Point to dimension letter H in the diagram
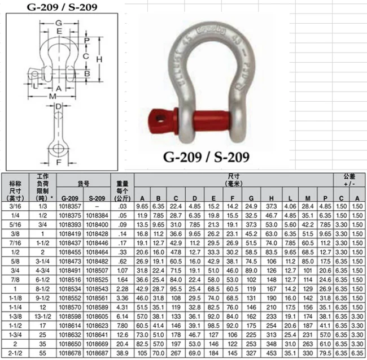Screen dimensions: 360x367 pyautogui.click(x=98, y=59)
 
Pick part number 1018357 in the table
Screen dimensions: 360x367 pyautogui.click(x=70, y=207)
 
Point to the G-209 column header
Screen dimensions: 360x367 pyautogui.click(x=70, y=198)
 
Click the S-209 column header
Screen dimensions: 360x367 pyautogui.click(x=99, y=198)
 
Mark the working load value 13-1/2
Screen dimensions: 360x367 pyautogui.click(x=42, y=316)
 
